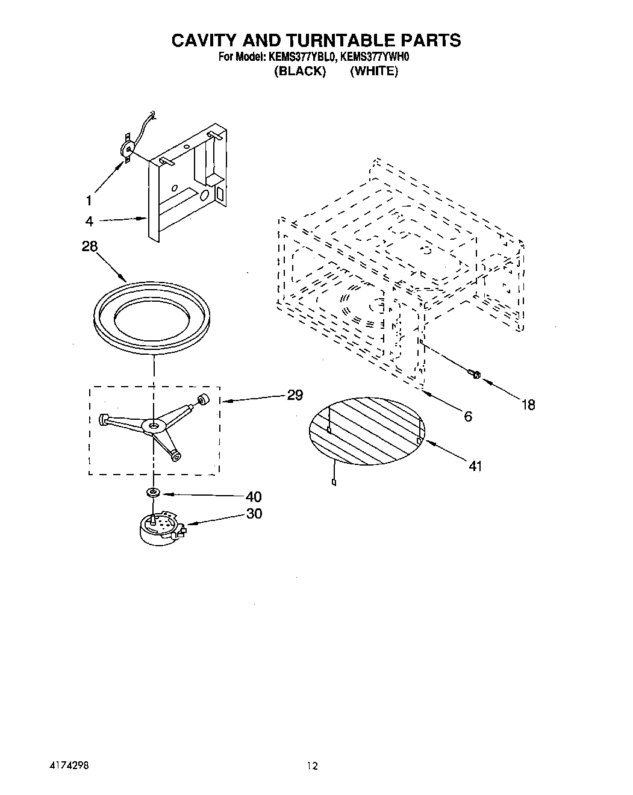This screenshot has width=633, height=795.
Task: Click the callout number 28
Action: tap(89, 246)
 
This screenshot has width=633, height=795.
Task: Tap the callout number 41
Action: tap(475, 466)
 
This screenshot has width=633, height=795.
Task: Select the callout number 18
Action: tap(528, 405)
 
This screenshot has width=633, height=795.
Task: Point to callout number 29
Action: tap(295, 395)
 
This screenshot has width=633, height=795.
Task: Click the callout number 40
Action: tap(254, 496)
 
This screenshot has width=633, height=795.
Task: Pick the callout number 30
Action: tap(254, 514)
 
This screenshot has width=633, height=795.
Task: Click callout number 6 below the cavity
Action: tap(468, 416)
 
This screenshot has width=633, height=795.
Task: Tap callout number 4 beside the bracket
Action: tap(89, 221)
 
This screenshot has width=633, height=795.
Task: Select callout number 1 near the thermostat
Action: tap(89, 200)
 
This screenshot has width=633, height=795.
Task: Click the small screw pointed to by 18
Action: tap(474, 376)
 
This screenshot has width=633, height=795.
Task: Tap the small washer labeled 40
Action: tap(153, 493)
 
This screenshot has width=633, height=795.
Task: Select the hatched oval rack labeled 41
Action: tap(367, 430)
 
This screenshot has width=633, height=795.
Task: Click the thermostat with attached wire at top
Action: tap(128, 149)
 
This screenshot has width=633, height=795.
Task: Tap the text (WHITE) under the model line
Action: tap(373, 71)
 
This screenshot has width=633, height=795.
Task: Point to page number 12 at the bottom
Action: tap(311, 766)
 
